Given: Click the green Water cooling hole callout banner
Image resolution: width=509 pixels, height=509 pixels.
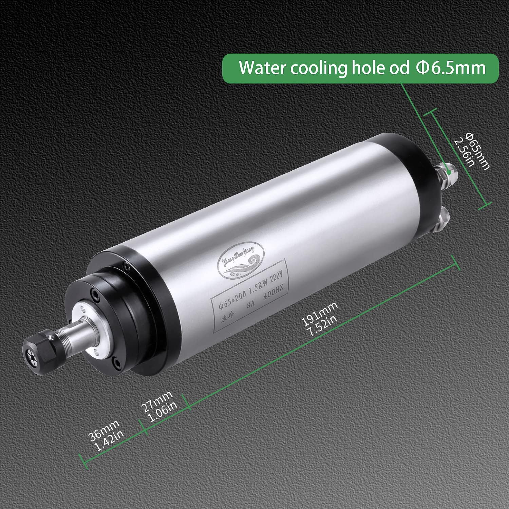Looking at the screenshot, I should point(360,68).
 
